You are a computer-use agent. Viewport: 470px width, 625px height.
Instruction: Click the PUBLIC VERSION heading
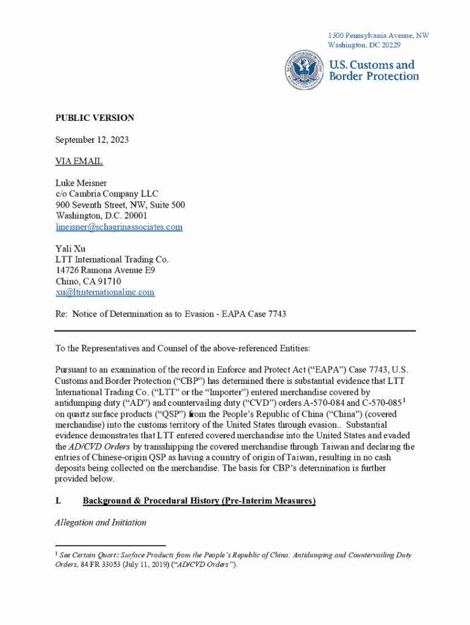pos(95,118)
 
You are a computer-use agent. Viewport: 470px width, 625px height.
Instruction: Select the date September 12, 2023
pos(92,140)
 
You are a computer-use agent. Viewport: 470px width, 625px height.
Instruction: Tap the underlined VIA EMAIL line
pos(79,162)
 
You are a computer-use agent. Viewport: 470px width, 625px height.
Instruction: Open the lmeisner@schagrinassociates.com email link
pos(119,227)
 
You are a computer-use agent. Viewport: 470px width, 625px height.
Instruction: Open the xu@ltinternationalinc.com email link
pos(105,292)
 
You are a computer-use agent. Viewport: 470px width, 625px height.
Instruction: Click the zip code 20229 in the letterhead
pos(388,45)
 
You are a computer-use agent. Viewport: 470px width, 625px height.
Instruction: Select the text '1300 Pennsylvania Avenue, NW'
pos(378,35)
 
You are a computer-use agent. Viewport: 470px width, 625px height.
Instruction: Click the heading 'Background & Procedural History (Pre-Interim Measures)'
pos(199,501)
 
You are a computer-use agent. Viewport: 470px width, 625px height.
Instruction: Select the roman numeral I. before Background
pos(58,501)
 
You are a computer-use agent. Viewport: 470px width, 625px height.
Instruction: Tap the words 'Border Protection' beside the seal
pos(374,76)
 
